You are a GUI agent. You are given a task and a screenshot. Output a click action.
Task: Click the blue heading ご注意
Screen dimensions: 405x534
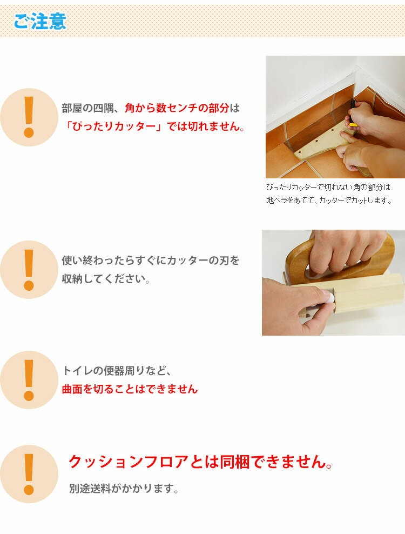click(x=40, y=21)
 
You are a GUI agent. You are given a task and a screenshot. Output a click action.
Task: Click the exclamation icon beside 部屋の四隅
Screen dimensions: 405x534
click(x=29, y=117)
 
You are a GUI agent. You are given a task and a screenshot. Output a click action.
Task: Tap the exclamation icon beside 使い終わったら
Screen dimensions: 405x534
click(x=29, y=270)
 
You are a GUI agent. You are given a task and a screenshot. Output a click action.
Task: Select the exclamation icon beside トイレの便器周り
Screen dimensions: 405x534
click(x=29, y=380)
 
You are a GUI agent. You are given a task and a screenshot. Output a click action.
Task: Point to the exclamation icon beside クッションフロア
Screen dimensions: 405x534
click(x=29, y=474)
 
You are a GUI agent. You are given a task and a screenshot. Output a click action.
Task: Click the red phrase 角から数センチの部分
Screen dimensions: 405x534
click(x=177, y=108)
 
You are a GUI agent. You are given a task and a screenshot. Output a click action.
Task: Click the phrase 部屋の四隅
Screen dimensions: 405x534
click(x=87, y=108)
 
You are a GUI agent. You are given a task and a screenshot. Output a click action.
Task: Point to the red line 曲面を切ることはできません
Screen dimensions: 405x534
click(x=130, y=389)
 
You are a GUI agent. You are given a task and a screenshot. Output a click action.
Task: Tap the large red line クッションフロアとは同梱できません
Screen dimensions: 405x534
click(x=200, y=462)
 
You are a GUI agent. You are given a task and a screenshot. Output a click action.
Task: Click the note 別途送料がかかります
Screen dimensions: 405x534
click(x=124, y=489)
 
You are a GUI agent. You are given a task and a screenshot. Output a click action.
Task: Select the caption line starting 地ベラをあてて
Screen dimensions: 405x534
click(x=329, y=200)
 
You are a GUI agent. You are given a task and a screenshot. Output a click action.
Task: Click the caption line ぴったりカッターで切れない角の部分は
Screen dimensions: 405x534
click(x=328, y=188)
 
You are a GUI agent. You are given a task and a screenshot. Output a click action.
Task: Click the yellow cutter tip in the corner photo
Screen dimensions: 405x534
click(x=353, y=125)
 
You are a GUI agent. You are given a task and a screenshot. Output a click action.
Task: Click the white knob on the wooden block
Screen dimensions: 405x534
click(x=329, y=297)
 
